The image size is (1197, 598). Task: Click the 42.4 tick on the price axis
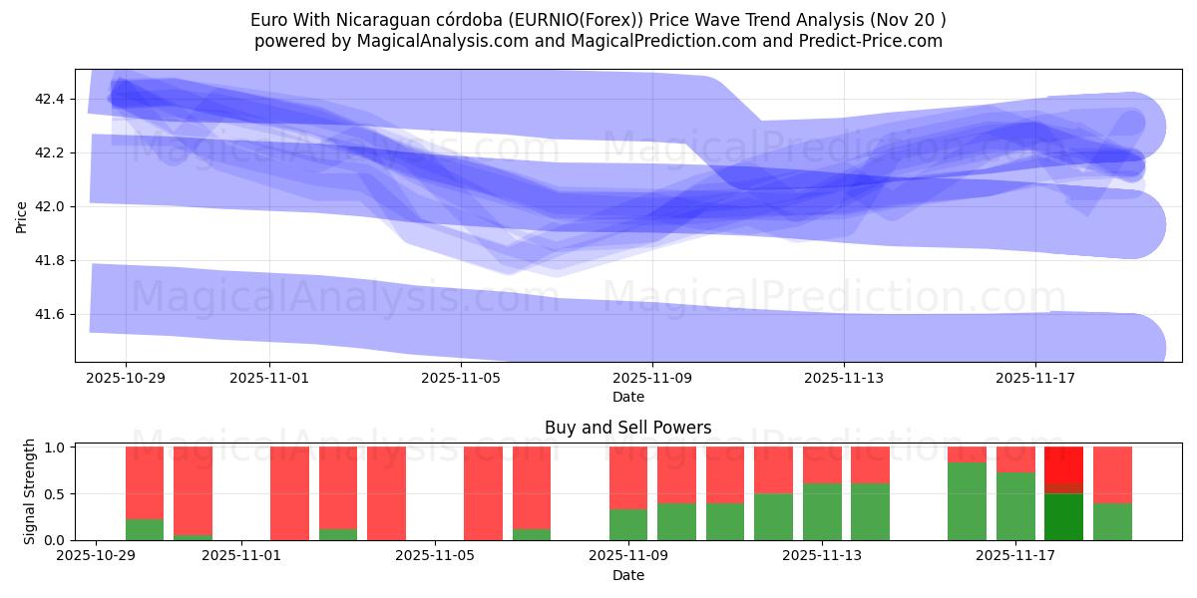tap(51, 100)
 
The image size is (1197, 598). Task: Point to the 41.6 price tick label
tap(51, 315)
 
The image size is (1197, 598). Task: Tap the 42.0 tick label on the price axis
tap(51, 207)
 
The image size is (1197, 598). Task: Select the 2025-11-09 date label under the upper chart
tap(652, 379)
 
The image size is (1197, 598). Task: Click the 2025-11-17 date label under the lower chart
tap(1015, 556)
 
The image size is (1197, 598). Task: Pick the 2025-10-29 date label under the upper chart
tap(126, 379)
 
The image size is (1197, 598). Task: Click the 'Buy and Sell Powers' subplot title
tap(627, 428)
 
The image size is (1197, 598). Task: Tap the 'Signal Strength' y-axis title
tap(30, 492)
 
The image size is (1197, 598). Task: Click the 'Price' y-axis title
tap(22, 215)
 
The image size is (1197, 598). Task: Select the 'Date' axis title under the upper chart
tap(627, 397)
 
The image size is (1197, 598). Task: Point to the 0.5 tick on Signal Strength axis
tap(56, 494)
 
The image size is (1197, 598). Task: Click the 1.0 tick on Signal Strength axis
tap(56, 448)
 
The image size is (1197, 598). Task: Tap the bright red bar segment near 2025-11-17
tap(1063, 464)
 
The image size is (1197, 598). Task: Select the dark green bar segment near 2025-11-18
tap(1063, 517)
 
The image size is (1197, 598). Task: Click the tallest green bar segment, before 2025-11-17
tap(967, 501)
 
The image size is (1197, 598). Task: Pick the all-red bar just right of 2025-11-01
tap(289, 493)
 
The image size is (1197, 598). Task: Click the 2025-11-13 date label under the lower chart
tap(822, 556)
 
